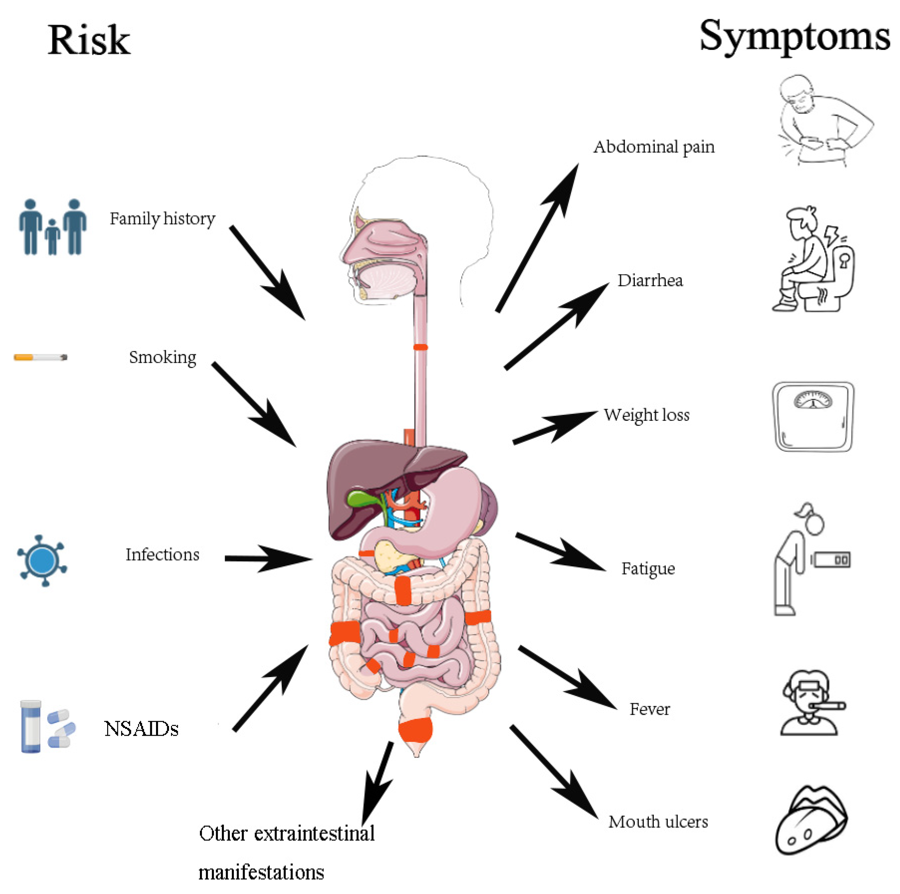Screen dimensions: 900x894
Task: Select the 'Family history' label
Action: click(x=163, y=219)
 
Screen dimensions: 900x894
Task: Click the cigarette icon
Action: click(x=40, y=357)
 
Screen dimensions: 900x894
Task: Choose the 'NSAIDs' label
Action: click(x=141, y=729)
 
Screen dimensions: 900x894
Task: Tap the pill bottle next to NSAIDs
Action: click(x=31, y=726)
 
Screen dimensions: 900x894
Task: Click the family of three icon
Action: click(x=53, y=227)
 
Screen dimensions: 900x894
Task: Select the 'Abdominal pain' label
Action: click(x=653, y=147)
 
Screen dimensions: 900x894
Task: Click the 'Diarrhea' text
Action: click(x=650, y=280)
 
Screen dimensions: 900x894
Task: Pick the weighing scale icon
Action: click(x=813, y=417)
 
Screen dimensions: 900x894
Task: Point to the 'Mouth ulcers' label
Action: click(x=658, y=821)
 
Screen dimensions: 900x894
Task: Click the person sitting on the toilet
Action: click(x=813, y=259)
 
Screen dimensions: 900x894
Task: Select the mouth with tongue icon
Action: click(x=811, y=820)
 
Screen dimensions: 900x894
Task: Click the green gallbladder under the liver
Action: click(x=363, y=499)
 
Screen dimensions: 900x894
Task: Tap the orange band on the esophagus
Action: click(x=420, y=347)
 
